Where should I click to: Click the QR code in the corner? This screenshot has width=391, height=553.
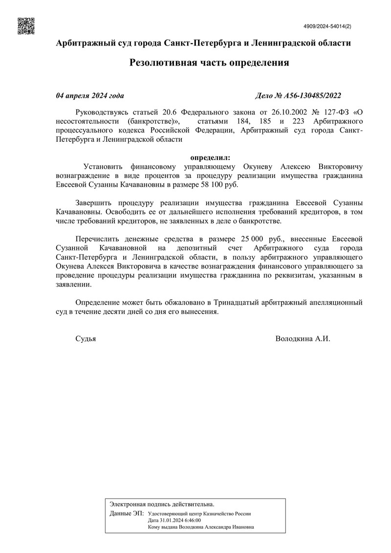[26, 26]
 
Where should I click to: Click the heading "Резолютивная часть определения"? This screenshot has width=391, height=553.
[209, 63]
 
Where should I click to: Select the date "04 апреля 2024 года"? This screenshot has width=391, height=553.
[90, 95]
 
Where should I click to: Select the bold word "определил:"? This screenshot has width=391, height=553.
[209, 157]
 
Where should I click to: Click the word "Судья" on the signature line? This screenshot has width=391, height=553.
[86, 338]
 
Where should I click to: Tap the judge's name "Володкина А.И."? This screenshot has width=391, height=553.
[303, 338]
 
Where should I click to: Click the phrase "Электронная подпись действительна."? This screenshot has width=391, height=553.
[162, 504]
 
